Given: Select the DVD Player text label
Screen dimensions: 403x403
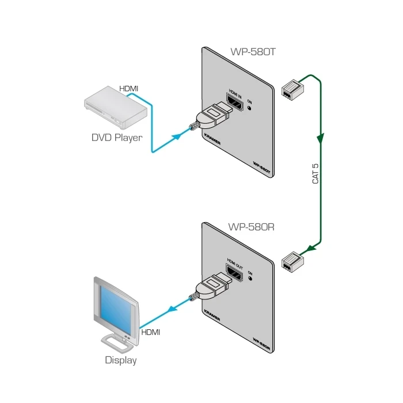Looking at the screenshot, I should pyautogui.click(x=117, y=138).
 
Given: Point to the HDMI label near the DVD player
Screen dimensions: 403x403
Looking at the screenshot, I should pyautogui.click(x=128, y=88).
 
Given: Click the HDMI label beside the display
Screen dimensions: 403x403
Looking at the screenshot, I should pyautogui.click(x=150, y=332).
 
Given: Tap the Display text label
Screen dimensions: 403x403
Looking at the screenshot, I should pyautogui.click(x=121, y=361).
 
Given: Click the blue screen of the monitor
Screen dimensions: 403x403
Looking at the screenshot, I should pyautogui.click(x=117, y=309).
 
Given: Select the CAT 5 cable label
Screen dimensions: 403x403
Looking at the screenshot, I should pyautogui.click(x=315, y=173).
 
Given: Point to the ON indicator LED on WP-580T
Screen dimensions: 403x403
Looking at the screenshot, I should pyautogui.click(x=249, y=108).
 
